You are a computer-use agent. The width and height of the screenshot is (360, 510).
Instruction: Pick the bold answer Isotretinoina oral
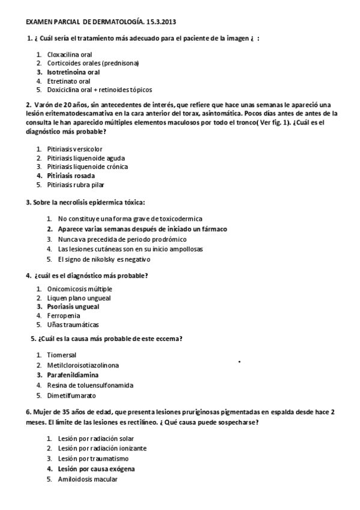pyautogui.click(x=73, y=72)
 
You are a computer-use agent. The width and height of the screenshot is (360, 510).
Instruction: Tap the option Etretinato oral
pyautogui.click(x=69, y=81)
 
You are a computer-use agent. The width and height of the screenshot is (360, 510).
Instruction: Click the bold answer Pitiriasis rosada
pyautogui.click(x=71, y=176)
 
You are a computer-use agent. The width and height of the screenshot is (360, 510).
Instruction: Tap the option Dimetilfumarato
pyautogui.click(x=71, y=396)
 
